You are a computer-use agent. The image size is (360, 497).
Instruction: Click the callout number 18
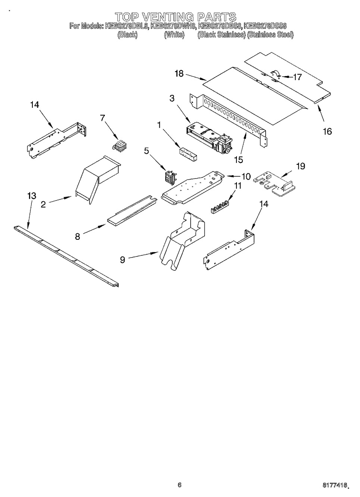179,73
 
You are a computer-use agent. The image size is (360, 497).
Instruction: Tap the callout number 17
297,77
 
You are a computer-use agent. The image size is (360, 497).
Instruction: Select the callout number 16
327,131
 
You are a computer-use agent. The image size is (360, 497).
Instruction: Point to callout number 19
301,166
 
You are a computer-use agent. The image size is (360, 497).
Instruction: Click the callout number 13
31,196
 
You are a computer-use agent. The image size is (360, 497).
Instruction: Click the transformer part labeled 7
120,146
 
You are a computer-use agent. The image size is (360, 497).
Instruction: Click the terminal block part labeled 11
219,207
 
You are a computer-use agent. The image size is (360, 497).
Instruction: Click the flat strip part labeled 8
132,211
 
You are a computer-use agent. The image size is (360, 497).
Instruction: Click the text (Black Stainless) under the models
221,35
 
